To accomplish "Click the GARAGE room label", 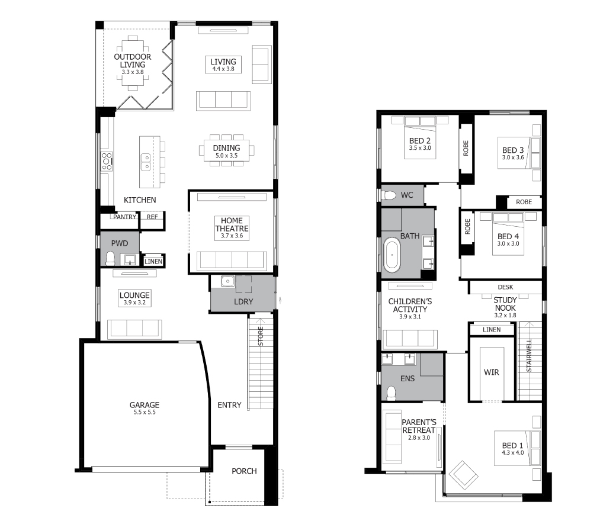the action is (145, 405).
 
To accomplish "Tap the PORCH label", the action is (244, 471).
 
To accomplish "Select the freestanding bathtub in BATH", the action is (392, 255).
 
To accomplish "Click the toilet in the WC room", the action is (389, 195).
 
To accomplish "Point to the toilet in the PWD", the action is (110, 258).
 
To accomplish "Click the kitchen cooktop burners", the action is (107, 162).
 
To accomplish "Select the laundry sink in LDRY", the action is (227, 281).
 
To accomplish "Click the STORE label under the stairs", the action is (261, 336).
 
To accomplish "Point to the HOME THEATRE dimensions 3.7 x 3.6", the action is (232, 236).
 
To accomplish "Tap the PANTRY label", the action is (124, 217).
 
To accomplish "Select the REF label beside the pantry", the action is (152, 217).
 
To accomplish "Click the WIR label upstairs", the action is (492, 372).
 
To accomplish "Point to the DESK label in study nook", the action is (505, 287).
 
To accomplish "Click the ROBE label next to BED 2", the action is (466, 149).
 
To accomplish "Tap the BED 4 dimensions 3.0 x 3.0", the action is (508, 244).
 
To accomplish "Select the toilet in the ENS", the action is (392, 393).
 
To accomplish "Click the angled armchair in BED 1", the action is (464, 475).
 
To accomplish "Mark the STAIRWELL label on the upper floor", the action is (529, 355).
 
